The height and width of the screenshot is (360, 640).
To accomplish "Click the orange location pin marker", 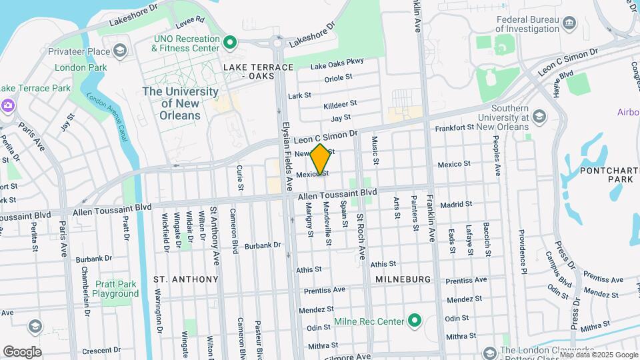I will [x=321, y=159].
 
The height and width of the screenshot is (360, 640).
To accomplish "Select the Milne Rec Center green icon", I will [x=415, y=321].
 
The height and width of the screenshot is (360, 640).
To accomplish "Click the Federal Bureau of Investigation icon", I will [x=570, y=25].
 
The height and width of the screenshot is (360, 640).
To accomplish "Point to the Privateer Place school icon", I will [x=120, y=51].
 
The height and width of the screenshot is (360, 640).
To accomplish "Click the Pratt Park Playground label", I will [x=115, y=289].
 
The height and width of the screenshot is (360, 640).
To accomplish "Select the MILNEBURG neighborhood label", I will [x=403, y=279].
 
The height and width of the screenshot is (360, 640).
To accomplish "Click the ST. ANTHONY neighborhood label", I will [x=186, y=279].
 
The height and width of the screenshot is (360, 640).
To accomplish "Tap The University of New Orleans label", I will [x=180, y=103].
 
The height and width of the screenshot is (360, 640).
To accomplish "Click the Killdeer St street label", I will [x=340, y=105].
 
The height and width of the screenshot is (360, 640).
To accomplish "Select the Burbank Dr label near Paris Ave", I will [x=94, y=259].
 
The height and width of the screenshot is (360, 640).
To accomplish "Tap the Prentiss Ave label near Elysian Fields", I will [x=325, y=290].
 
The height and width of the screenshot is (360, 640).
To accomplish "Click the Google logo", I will [x=22, y=351].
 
